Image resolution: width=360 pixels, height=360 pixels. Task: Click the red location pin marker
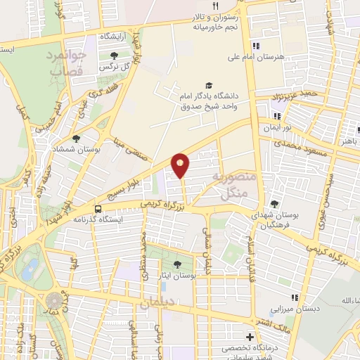tap(181, 165)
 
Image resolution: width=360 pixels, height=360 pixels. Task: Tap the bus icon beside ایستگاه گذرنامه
tap(98, 209)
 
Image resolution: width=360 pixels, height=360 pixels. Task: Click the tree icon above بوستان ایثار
tap(176, 264)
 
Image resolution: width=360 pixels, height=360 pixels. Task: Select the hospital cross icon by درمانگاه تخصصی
tap(250, 336)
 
